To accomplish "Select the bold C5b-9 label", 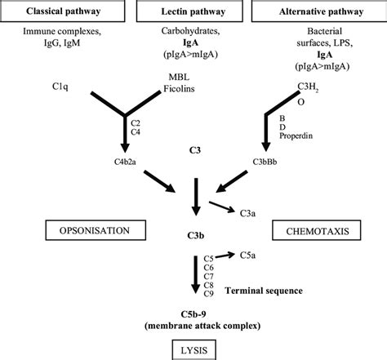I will click(196, 313).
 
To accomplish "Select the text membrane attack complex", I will click(196, 326).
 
